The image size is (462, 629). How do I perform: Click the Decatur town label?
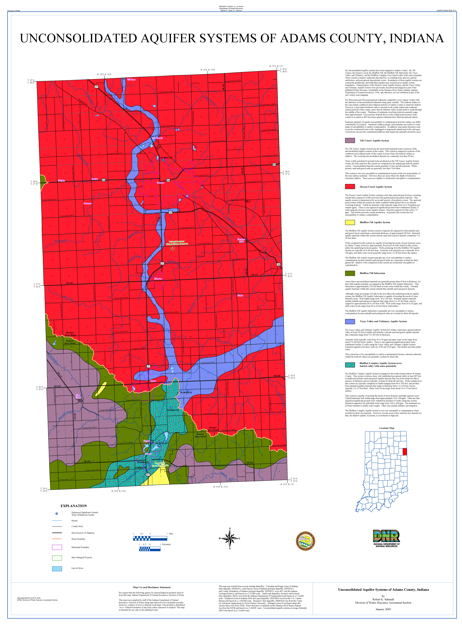click(161, 183)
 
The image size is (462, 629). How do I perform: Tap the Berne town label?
click(153, 381)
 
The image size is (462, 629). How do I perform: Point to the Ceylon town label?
click(147, 441)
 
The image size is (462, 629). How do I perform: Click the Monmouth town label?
click(157, 138)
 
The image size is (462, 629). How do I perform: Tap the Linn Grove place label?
click(78, 396)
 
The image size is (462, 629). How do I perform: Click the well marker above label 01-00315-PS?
click(171, 408)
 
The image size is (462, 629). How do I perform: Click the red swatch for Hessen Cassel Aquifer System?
click(350, 187)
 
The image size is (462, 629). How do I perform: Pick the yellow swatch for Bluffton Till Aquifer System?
click(350, 222)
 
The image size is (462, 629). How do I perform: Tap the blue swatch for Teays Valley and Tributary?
click(350, 321)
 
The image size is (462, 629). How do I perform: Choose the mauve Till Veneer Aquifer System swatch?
click(350, 140)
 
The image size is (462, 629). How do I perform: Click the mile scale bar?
click(150, 538)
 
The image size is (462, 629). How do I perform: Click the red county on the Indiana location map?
click(405, 451)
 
